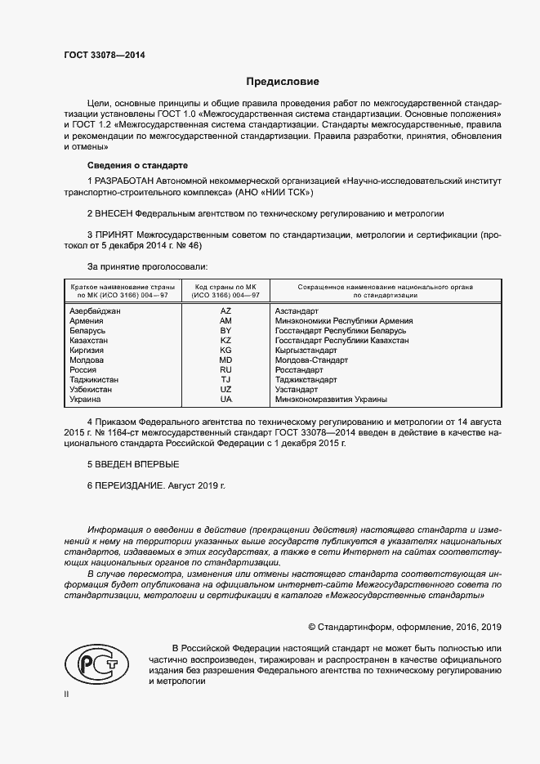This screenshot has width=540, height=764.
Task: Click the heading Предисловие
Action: [283, 82]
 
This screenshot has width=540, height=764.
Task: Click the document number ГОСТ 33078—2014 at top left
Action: [100, 56]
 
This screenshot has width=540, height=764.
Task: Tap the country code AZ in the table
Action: [226, 311]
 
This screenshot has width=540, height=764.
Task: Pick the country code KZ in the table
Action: [226, 341]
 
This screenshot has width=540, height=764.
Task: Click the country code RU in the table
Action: [226, 370]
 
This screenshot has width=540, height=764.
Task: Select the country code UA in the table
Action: [226, 400]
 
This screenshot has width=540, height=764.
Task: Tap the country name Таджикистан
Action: [95, 380]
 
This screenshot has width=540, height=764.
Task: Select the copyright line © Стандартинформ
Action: [404, 628]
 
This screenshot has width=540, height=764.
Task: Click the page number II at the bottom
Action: [67, 694]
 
